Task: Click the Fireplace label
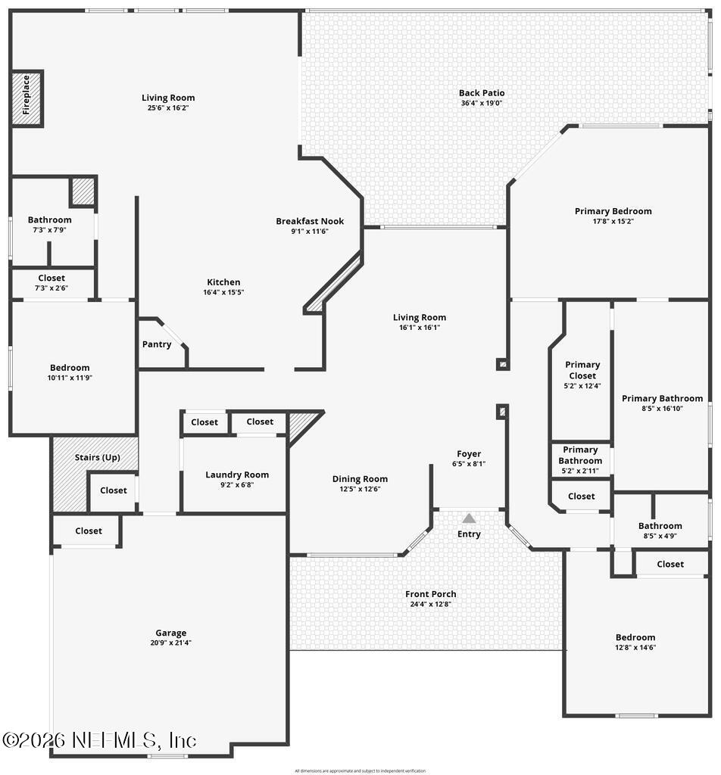[x=27, y=95]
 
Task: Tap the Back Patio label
[x=481, y=93]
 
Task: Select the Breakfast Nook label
[x=309, y=221]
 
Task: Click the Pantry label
[x=157, y=344]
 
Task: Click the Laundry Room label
[x=237, y=475]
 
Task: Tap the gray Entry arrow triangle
[x=469, y=518]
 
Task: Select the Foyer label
[x=469, y=454]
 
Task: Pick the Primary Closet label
[x=582, y=370]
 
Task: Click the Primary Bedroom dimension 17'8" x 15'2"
[x=613, y=222]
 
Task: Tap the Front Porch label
[x=430, y=594]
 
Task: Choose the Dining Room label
[x=360, y=478]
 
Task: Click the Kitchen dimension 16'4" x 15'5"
[x=223, y=292]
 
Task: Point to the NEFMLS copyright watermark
[x=99, y=739]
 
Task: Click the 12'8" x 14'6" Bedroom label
[x=635, y=637]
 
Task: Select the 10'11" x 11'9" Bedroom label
[x=70, y=368]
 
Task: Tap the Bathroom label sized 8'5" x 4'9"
[x=660, y=526]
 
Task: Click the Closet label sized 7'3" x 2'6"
[x=51, y=278]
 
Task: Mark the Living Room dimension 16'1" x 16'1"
[x=419, y=328]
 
